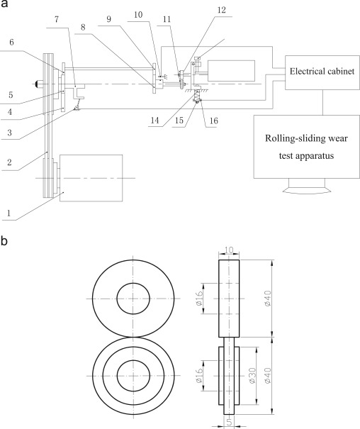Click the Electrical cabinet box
point(322,72)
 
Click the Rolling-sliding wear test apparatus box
point(306,147)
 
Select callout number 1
point(9,213)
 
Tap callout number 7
point(57,19)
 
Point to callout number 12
point(222,10)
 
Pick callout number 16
point(214,121)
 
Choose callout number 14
point(154,120)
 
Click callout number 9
point(109,19)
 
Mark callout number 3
point(9,133)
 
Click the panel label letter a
point(4,4)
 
